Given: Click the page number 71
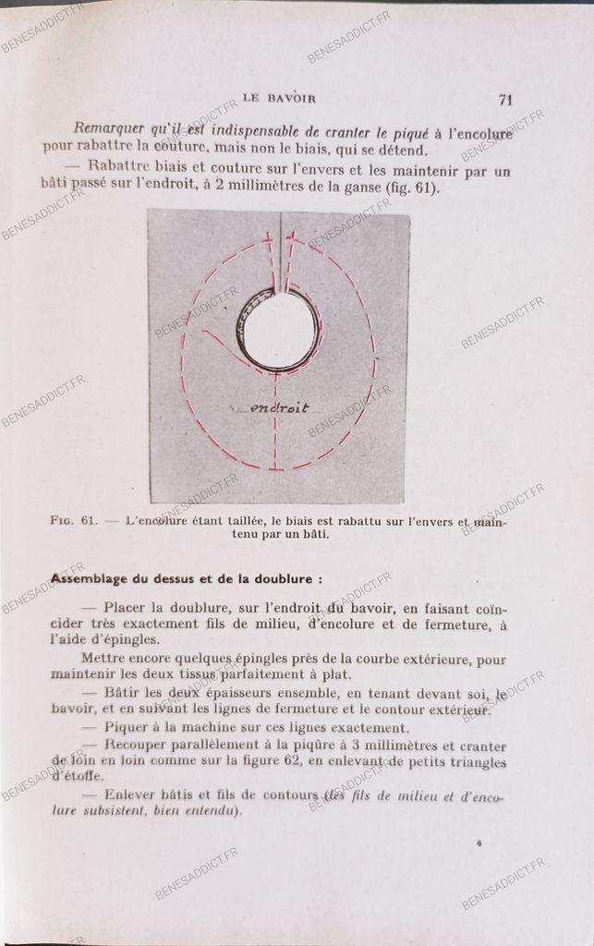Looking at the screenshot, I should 504,100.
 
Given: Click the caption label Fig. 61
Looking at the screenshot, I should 74,520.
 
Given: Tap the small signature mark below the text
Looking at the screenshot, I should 479,843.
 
